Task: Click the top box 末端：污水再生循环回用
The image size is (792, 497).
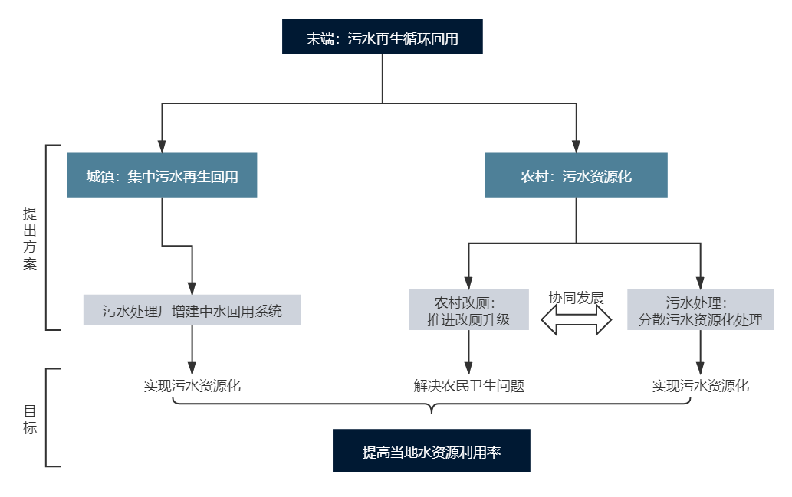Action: click(x=382, y=38)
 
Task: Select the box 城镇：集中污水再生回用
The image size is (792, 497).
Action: click(x=162, y=175)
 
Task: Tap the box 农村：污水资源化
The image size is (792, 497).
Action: click(x=576, y=175)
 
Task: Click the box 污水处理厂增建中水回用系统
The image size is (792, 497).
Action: click(x=192, y=309)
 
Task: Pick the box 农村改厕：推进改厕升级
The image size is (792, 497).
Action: click(x=468, y=309)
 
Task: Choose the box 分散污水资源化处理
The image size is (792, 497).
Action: click(x=700, y=309)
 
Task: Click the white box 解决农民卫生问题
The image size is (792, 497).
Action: click(x=468, y=384)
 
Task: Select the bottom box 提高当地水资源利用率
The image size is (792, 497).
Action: click(x=431, y=451)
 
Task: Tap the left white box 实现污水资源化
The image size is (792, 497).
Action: click(x=192, y=384)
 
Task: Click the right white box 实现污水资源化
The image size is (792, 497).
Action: click(x=700, y=384)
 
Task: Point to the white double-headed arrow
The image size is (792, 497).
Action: click(x=577, y=321)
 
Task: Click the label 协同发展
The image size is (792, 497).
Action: click(x=577, y=298)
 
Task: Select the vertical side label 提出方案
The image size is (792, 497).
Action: click(x=30, y=238)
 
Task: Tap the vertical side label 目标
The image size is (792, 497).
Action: click(x=30, y=418)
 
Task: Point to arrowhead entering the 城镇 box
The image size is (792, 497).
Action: click(x=162, y=146)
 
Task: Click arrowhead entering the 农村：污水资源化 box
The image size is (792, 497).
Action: click(x=576, y=146)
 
